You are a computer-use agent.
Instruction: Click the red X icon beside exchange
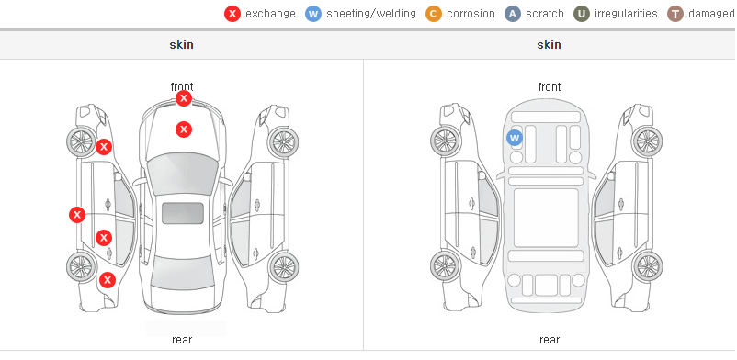tap(232, 14)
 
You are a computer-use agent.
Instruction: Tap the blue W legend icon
tap(313, 14)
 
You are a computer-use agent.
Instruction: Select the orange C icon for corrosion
tap(434, 14)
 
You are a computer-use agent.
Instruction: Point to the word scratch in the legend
tap(545, 14)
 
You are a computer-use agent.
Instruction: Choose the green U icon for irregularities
tap(582, 14)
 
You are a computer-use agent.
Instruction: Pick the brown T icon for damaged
tap(675, 14)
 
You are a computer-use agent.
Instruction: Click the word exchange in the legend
tap(270, 14)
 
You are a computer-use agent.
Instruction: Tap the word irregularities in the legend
tap(626, 14)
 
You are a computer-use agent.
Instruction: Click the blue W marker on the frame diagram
tap(515, 138)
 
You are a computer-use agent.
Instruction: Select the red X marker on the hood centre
tap(184, 129)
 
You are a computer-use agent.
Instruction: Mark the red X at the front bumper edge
tap(184, 98)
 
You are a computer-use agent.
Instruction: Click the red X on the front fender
tap(104, 147)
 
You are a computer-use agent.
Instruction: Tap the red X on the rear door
tap(104, 238)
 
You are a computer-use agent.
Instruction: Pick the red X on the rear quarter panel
tap(108, 281)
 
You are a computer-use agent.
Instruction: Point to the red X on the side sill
tap(77, 215)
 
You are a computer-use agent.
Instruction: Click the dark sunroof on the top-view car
tap(183, 213)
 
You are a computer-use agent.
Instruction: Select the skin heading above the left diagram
tap(181, 45)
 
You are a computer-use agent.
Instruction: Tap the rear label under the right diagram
tap(550, 340)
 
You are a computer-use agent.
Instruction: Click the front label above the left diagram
tap(182, 87)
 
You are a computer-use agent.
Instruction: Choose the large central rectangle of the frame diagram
tap(546, 218)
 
